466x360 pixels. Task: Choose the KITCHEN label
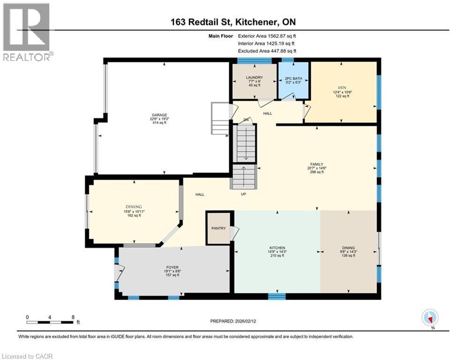(277, 248)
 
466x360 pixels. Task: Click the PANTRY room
(218, 228)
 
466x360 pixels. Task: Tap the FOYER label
(172, 268)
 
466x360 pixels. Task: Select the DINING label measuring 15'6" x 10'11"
(133, 207)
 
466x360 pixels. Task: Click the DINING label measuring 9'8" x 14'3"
(348, 248)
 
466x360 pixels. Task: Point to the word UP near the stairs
(243, 194)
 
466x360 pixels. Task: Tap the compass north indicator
(430, 318)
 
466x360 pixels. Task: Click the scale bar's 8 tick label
(73, 317)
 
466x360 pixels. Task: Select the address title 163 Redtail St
(233, 22)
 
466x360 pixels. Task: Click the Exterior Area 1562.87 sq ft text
(267, 36)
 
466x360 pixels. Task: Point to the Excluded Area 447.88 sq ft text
(267, 51)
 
